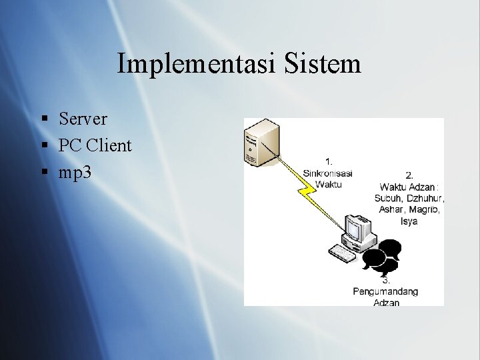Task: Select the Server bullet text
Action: pos(83,119)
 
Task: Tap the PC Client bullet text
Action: pos(95,145)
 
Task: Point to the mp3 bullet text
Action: pos(75,172)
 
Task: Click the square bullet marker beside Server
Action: pos(44,119)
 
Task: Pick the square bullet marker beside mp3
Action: pos(44,173)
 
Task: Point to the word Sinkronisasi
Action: pos(327,173)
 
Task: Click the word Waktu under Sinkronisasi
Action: pos(328,184)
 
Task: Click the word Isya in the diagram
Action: pos(409,221)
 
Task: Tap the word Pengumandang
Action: pos(386,291)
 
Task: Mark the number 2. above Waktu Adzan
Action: pos(409,175)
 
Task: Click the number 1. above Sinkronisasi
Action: pos(329,162)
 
